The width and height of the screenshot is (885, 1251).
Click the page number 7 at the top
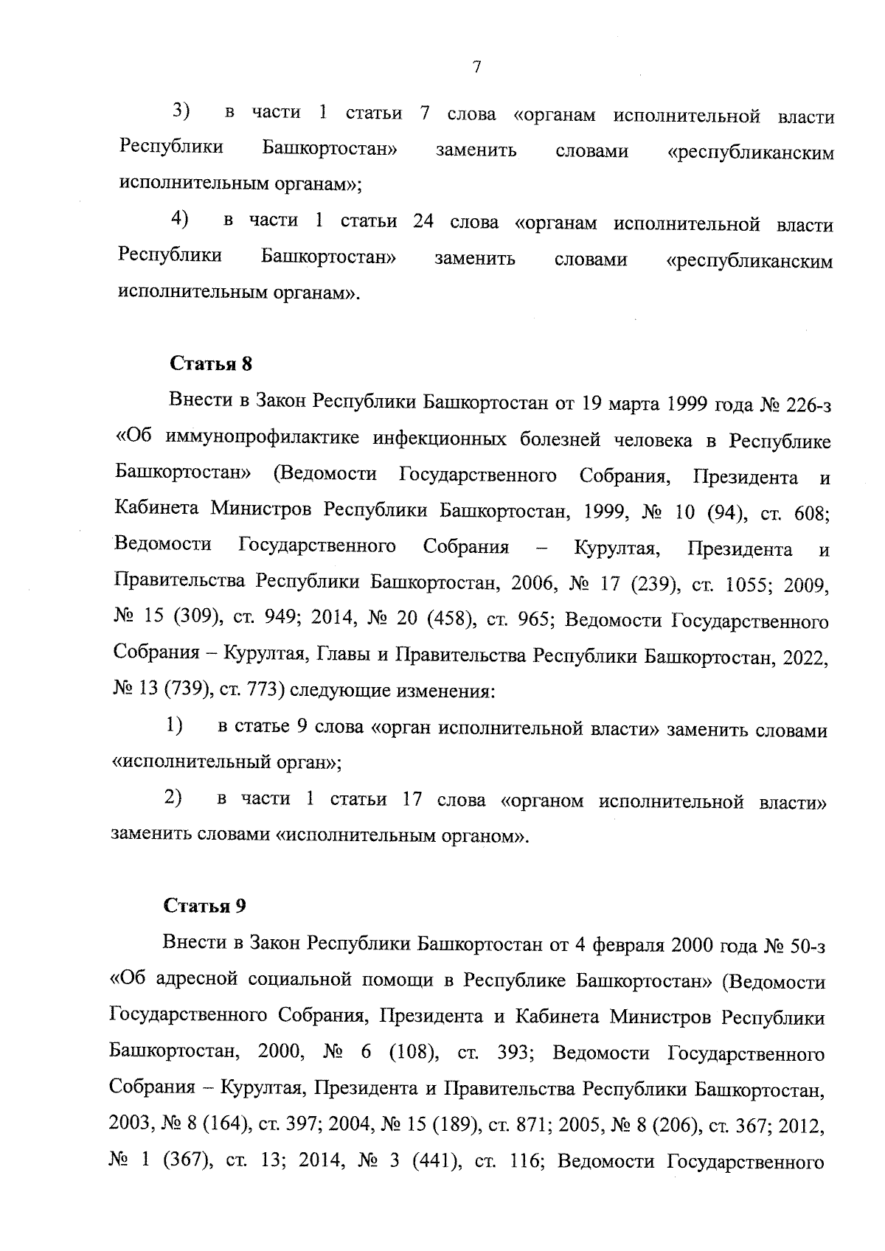[x=476, y=67]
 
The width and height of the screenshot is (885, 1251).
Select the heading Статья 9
[x=205, y=906]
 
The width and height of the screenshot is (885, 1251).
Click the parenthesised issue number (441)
[x=435, y=1163]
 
